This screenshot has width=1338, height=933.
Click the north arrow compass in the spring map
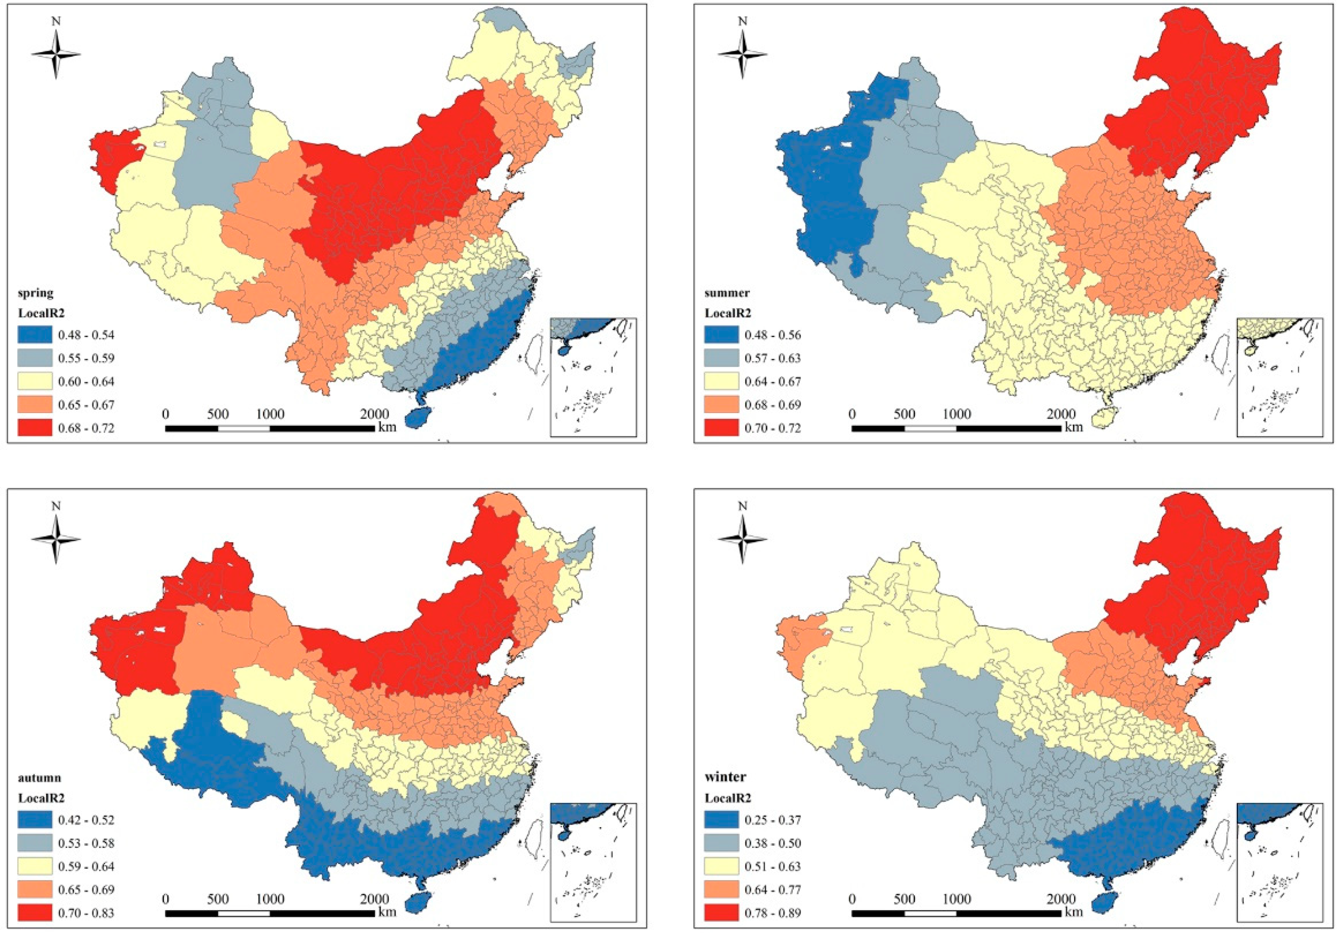point(56,54)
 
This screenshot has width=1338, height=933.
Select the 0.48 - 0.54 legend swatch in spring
point(34,334)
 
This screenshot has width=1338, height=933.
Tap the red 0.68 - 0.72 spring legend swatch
point(34,428)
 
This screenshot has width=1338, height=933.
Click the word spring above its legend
point(36,293)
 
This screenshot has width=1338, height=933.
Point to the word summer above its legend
point(727,293)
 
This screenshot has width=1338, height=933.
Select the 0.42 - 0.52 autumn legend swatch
point(34,820)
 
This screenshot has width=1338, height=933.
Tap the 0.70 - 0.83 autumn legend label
point(86,913)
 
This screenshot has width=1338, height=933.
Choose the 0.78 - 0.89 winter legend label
point(773,913)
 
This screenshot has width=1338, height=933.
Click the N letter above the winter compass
point(742,506)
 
